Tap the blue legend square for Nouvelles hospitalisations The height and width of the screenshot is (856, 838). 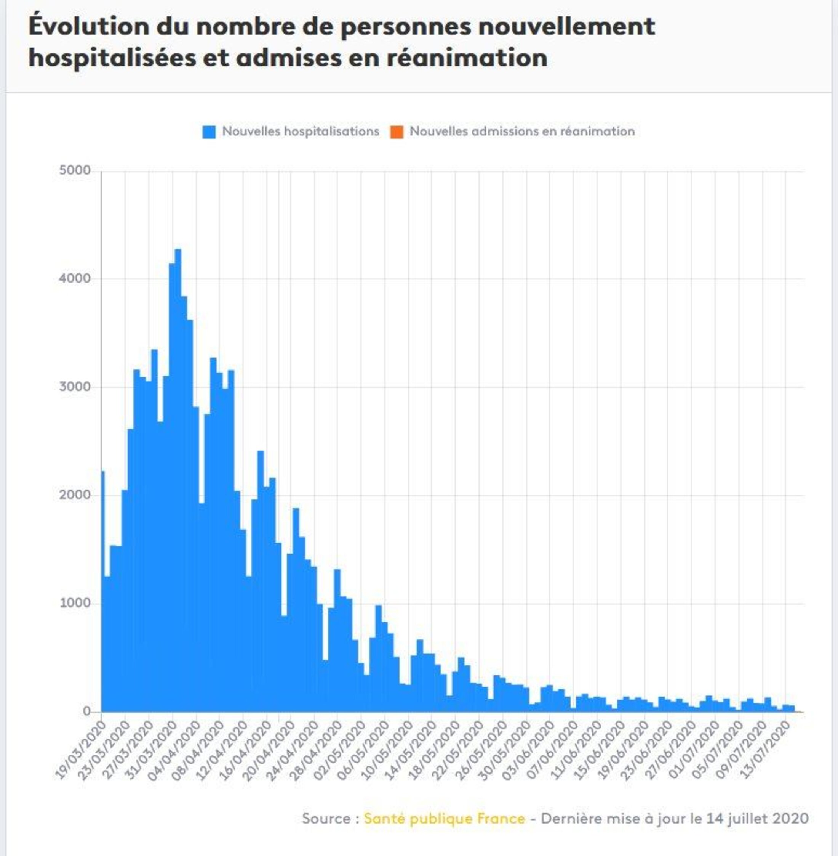coord(209,132)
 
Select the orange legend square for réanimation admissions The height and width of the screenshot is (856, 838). coord(397,132)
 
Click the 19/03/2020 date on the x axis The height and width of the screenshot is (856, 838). coord(82,749)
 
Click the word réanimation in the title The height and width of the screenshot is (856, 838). coord(467,58)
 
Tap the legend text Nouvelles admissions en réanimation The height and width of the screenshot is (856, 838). coord(522,131)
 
